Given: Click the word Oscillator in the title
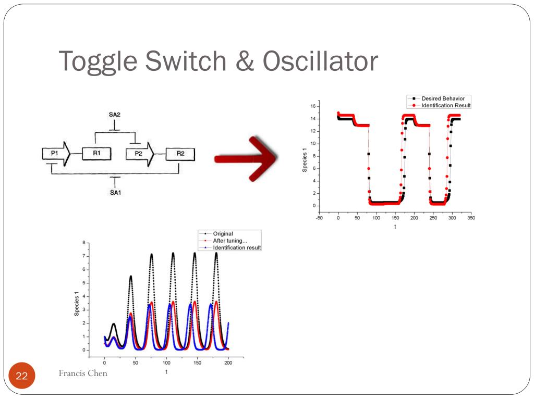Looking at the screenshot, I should (320, 61).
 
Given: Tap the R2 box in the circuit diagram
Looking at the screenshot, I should (180, 154).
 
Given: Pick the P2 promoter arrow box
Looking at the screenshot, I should (140, 154).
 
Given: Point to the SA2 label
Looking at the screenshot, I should (116, 114).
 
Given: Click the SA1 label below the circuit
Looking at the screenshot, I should (116, 193).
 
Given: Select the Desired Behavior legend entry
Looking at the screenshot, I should (443, 98).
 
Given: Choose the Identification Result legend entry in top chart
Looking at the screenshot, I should (446, 105).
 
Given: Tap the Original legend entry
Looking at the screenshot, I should (223, 234).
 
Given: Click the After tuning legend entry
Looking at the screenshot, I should (230, 241).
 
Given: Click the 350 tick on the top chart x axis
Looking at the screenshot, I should (471, 218).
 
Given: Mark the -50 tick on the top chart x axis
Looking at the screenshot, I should (319, 218).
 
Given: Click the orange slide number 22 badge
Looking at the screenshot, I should (22, 377).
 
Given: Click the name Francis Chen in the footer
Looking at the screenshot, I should (83, 373).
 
